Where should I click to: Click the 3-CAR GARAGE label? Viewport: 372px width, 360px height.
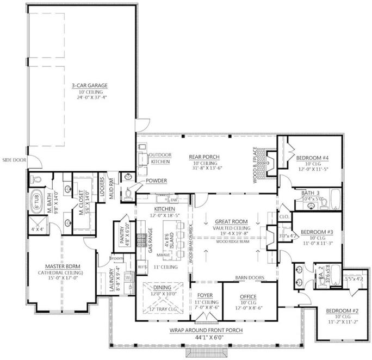click(89, 85)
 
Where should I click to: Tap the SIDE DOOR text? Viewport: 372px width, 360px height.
click(15, 160)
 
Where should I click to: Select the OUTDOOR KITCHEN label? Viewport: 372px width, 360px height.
click(160, 158)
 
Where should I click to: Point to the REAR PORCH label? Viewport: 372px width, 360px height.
click(203, 157)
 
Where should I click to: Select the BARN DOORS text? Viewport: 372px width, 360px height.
click(250, 278)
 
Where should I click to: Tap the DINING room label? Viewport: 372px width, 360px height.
click(163, 287)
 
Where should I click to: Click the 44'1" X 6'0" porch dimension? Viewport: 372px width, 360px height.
click(203, 337)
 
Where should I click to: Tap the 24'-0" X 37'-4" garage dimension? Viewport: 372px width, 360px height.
click(89, 98)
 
